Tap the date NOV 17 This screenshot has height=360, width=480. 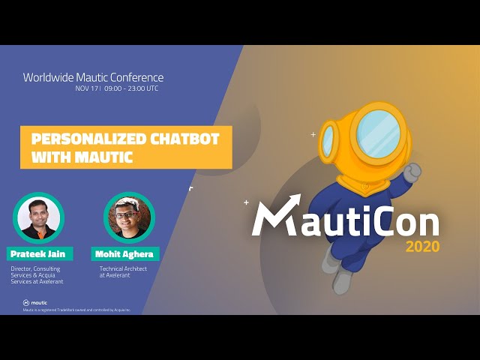tap(86, 88)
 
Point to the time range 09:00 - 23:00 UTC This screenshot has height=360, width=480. tap(131, 88)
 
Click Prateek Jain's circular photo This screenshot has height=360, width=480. tap(38, 217)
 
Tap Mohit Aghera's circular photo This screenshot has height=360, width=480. tap(129, 217)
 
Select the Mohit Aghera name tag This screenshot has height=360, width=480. tap(125, 253)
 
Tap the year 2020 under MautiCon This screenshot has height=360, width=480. tap(423, 246)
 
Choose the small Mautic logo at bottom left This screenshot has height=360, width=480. tap(34, 302)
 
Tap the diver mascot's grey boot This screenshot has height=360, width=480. tap(342, 280)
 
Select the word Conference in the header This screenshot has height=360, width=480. tap(138, 77)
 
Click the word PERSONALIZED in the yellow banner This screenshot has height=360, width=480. tap(82, 139)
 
